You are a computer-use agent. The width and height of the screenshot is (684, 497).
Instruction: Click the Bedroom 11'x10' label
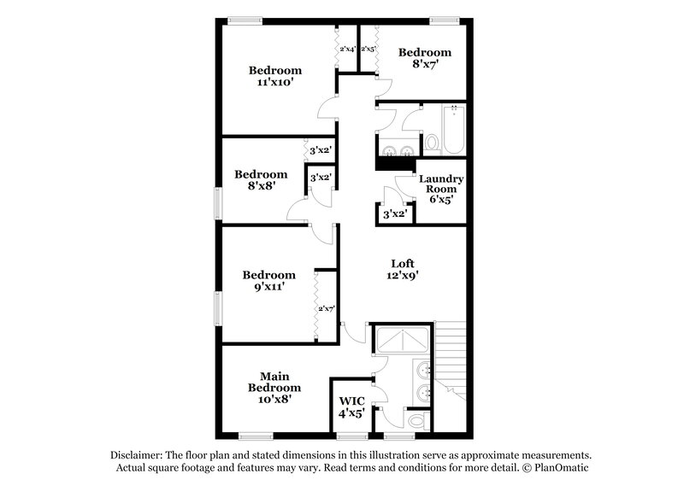click(x=275, y=77)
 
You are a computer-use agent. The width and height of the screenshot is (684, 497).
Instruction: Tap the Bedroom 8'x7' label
click(x=425, y=59)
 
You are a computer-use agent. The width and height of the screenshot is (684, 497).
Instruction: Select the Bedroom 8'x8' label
click(x=261, y=180)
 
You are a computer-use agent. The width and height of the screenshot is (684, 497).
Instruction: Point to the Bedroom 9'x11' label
click(x=268, y=281)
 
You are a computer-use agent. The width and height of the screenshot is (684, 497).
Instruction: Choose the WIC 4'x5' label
click(x=352, y=407)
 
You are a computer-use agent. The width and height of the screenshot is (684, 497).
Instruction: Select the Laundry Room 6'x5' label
click(x=441, y=188)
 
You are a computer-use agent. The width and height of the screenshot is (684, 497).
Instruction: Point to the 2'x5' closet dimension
click(x=368, y=50)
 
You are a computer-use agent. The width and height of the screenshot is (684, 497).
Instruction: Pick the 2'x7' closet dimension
click(x=326, y=308)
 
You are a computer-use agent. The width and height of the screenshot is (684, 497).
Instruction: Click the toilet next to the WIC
click(x=416, y=421)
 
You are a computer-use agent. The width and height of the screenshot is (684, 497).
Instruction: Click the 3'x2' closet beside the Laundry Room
click(x=393, y=213)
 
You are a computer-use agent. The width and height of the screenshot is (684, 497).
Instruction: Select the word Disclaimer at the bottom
click(x=141, y=456)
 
